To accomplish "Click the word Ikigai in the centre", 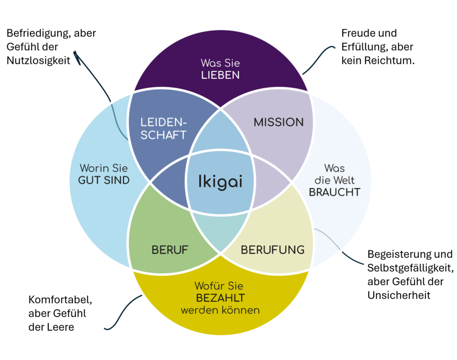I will click(220, 182).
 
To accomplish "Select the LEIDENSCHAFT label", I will click(163, 128).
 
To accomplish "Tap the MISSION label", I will click(278, 122).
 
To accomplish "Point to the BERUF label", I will click(170, 250).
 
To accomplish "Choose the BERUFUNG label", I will click(272, 250).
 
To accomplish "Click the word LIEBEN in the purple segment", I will click(220, 75).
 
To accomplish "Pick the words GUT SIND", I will click(104, 180).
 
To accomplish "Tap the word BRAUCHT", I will click(334, 192).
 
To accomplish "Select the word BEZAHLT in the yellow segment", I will click(220, 298).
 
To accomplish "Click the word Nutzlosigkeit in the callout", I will click(38, 60).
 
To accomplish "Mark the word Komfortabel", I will click(60, 299).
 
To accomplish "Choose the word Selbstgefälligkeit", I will click(410, 268).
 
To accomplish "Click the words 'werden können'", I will click(220, 310).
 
